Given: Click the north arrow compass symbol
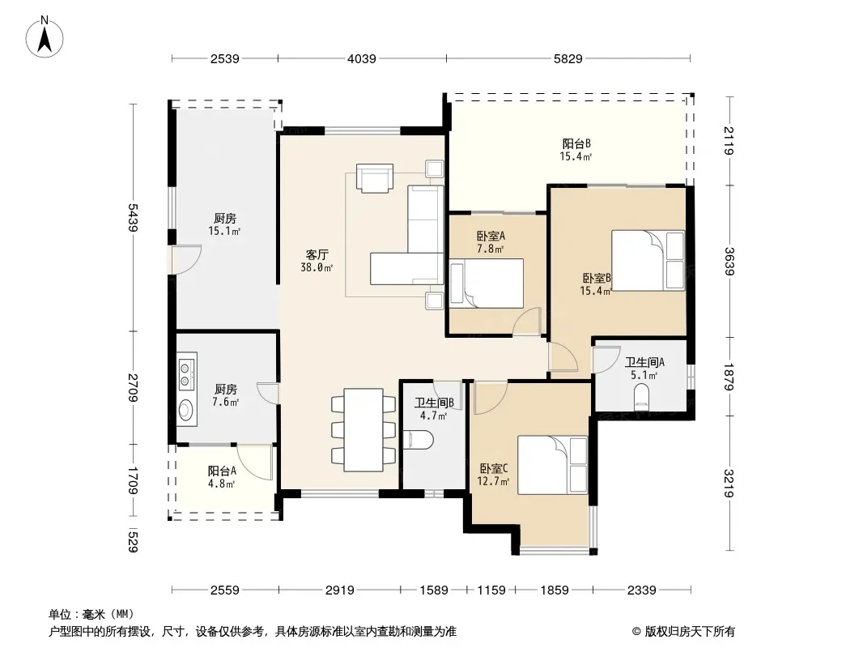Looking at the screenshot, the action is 45,37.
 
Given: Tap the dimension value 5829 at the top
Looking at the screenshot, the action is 568,58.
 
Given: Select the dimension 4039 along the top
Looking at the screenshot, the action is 362,58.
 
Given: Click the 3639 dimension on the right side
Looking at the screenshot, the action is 729,261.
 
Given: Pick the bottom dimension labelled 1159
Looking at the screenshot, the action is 491,590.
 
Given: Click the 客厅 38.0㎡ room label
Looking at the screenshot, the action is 317,261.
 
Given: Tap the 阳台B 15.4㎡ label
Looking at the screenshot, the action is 576,150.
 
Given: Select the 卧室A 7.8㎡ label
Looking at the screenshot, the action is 491,242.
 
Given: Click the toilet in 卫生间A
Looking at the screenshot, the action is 642,397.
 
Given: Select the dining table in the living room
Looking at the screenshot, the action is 363,430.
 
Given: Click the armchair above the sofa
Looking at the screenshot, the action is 375,178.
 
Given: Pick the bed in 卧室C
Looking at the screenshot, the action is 553,465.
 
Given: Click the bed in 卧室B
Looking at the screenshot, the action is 648,260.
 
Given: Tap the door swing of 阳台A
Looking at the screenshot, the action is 255,463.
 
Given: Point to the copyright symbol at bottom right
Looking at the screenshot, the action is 637,632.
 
